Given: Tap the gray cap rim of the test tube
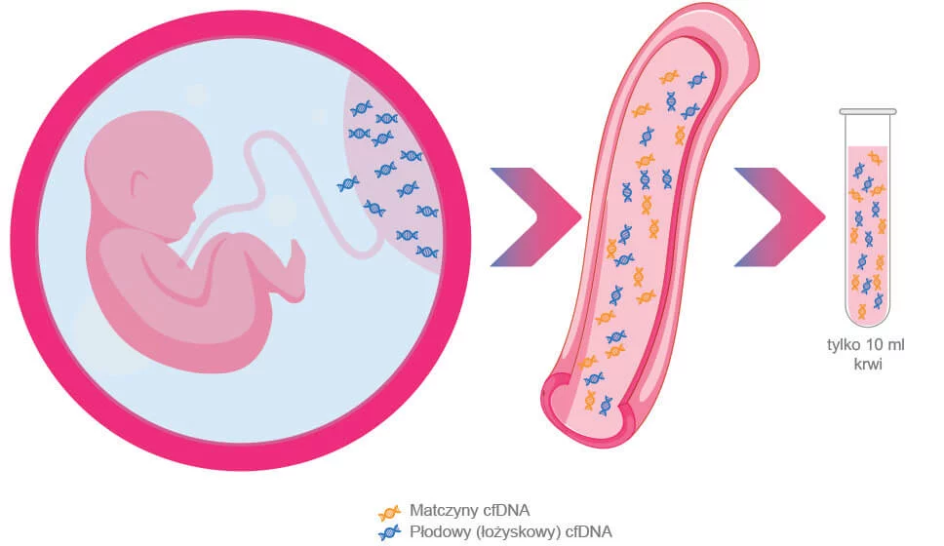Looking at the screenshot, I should coord(868,113).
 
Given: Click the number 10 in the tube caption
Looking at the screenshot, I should coord(871,346).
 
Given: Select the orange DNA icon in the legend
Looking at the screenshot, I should coord(388,511).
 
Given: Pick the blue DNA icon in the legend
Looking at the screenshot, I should coord(388,531).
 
